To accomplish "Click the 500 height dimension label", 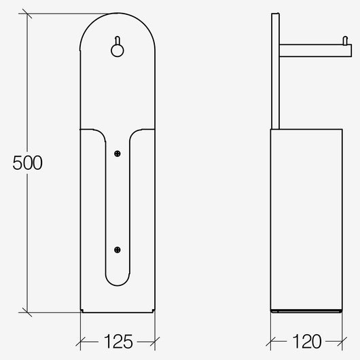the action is pyautogui.click(x=28, y=162).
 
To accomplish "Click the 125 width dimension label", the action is pyautogui.click(x=118, y=342).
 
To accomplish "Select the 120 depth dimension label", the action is pyautogui.click(x=306, y=342).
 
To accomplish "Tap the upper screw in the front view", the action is pyautogui.click(x=118, y=154).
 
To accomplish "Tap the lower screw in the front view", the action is pyautogui.click(x=118, y=250).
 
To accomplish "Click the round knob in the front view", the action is pyautogui.click(x=118, y=50).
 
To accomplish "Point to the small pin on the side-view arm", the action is pyautogui.click(x=345, y=40).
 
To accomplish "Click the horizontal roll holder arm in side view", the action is pyautogui.click(x=315, y=50).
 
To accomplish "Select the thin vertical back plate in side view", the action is pyautogui.click(x=275, y=71).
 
